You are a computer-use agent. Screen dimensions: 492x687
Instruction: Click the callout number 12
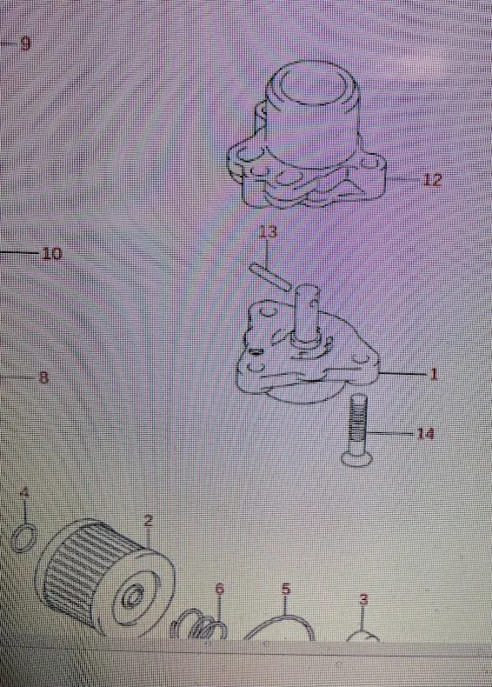point(431,179)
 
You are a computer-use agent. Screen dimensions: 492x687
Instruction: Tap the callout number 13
point(268,231)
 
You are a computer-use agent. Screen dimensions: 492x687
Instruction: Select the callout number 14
point(425,434)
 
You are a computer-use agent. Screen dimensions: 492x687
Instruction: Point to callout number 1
point(433,374)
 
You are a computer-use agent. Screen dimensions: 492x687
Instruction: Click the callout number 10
point(51,253)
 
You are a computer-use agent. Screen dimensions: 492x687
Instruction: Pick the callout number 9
point(25,43)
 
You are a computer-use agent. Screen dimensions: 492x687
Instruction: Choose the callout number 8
point(43,377)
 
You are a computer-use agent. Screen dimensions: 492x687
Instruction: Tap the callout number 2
point(148,521)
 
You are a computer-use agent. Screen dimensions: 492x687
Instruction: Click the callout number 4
point(25,491)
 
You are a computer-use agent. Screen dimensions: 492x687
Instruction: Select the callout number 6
point(220,588)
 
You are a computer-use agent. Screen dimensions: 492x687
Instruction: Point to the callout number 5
point(286,588)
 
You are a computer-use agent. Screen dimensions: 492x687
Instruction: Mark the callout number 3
point(363,599)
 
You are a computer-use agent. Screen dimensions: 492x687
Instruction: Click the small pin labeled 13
point(269,276)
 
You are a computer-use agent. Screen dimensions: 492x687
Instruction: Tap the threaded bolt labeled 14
point(358,430)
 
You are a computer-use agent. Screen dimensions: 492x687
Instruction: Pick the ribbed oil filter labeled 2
point(105,577)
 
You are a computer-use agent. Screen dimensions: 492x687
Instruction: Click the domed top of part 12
point(311,86)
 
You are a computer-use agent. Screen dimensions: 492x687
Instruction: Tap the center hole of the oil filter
point(130,597)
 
